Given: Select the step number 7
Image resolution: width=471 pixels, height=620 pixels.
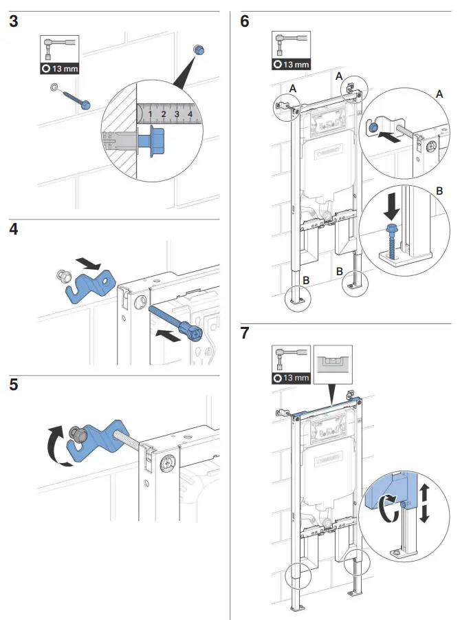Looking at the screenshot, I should [x=245, y=334].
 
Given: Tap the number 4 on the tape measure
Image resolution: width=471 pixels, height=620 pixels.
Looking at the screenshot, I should [x=190, y=113].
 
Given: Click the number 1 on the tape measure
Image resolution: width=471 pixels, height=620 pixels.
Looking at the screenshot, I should [x=150, y=114].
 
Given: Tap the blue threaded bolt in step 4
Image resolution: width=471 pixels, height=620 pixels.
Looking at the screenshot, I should [x=176, y=321].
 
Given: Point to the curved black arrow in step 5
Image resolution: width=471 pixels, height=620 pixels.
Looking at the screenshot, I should [x=54, y=445].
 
